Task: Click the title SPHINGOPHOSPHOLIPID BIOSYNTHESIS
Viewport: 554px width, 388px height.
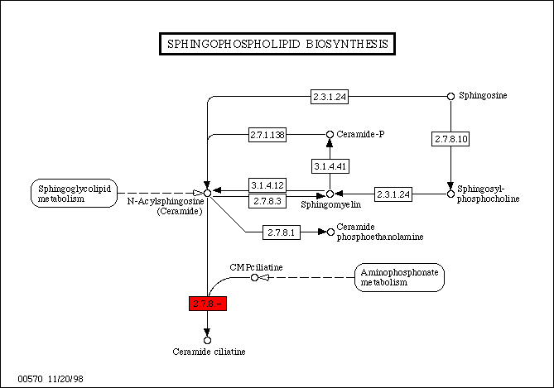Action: pyautogui.click(x=277, y=44)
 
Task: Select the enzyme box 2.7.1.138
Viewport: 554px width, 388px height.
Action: pyautogui.click(x=267, y=134)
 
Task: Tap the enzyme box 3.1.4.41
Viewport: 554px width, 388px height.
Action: pyautogui.click(x=330, y=166)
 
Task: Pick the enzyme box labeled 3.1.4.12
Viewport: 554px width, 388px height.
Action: pyautogui.click(x=267, y=184)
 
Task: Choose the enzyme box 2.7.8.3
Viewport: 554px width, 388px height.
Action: pyautogui.click(x=267, y=201)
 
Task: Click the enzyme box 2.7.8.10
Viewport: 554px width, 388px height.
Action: pyautogui.click(x=451, y=139)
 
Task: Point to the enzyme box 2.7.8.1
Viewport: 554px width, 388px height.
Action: pyautogui.click(x=282, y=232)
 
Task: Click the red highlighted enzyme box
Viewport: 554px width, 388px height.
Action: pyautogui.click(x=207, y=304)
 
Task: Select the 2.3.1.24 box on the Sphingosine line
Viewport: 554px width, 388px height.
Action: pyautogui.click(x=330, y=97)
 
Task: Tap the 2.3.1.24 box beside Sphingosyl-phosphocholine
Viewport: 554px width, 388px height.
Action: pyautogui.click(x=393, y=194)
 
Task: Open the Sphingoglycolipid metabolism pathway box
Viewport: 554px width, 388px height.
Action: pyautogui.click(x=74, y=193)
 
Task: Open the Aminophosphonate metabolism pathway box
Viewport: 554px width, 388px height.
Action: pyautogui.click(x=399, y=277)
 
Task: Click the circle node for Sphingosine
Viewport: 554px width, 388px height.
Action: pyautogui.click(x=451, y=96)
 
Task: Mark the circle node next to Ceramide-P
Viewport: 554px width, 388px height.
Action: pyautogui.click(x=330, y=134)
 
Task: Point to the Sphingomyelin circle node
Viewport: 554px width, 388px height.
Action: pyautogui.click(x=330, y=194)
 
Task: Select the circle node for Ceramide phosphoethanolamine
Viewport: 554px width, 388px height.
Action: pyautogui.click(x=330, y=232)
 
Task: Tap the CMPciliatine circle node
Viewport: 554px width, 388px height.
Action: pyautogui.click(x=254, y=277)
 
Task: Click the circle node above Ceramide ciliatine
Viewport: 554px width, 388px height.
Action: pyautogui.click(x=207, y=339)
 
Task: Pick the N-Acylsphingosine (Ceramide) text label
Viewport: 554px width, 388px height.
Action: pyautogui.click(x=165, y=206)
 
